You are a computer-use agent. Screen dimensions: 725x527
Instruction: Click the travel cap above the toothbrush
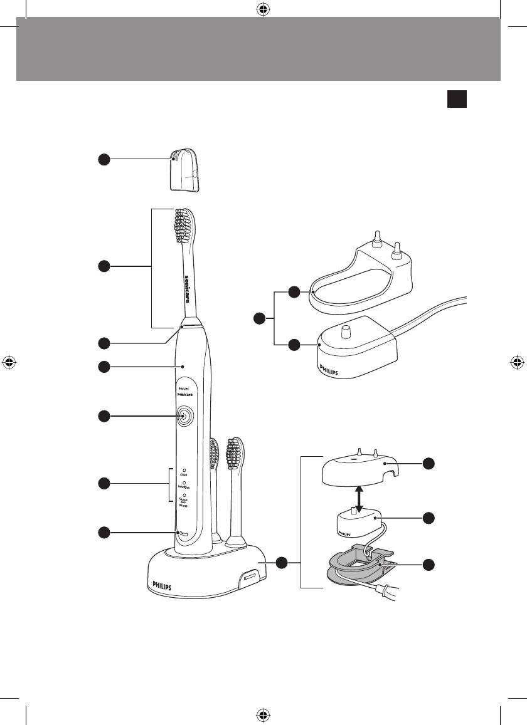(183, 169)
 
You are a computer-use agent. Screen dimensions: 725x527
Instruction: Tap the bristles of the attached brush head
(185, 225)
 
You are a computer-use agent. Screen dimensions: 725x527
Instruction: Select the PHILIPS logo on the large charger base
(161, 585)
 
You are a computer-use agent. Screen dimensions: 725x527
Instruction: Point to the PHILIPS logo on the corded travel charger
(329, 368)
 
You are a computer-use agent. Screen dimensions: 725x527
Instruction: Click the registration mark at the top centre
(263, 9)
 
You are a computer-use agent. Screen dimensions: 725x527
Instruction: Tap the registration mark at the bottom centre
(263, 715)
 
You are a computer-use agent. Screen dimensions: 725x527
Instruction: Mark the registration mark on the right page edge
(517, 362)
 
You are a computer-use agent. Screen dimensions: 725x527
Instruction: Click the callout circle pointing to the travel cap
(104, 159)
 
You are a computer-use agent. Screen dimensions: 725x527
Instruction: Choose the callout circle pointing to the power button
(104, 416)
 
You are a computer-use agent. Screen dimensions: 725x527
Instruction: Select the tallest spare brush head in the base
(235, 489)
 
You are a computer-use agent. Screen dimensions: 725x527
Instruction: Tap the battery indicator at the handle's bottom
(183, 533)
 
